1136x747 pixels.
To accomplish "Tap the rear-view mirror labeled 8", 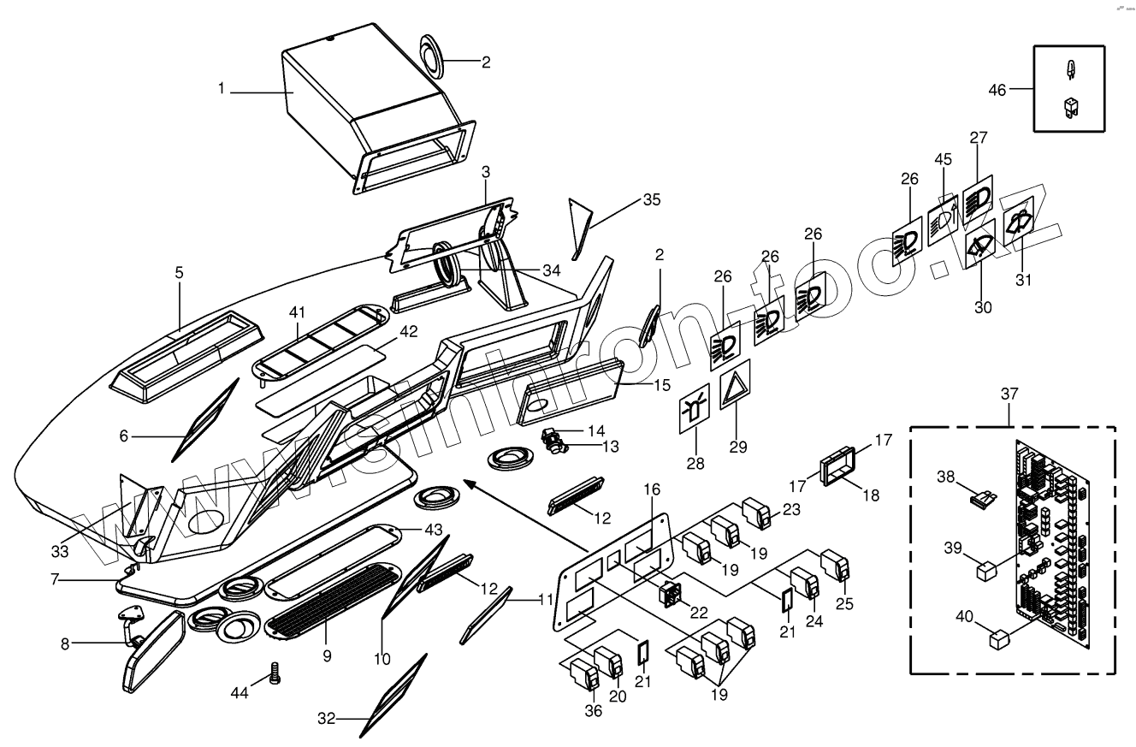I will point(151,652).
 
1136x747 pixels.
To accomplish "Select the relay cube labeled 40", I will point(998,639).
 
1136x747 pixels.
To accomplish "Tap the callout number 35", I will point(652,200).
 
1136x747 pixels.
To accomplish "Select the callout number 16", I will point(652,489).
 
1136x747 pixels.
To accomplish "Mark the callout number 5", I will point(179,273).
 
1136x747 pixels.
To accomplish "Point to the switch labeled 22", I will point(670,594).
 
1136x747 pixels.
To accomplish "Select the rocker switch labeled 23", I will point(757,513).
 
